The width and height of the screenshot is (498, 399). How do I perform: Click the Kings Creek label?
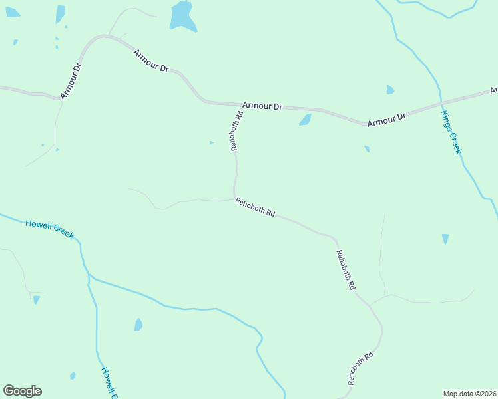(x=451, y=133)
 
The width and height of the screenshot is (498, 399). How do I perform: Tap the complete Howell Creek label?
(x=49, y=229)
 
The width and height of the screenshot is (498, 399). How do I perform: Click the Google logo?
(x=22, y=391)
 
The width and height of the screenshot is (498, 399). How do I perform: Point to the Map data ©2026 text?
(x=470, y=393)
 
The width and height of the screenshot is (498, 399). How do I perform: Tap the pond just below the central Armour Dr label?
(x=305, y=120)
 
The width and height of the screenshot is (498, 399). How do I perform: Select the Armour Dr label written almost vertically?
(x=71, y=80)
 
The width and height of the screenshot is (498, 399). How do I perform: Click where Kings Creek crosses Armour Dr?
(x=441, y=102)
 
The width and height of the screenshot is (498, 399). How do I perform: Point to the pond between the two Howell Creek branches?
(x=138, y=325)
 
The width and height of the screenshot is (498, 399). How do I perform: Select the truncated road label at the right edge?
(x=493, y=90)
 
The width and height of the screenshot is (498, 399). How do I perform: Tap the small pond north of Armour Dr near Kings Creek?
(x=390, y=90)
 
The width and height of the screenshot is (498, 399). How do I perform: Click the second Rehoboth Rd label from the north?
(x=255, y=207)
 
